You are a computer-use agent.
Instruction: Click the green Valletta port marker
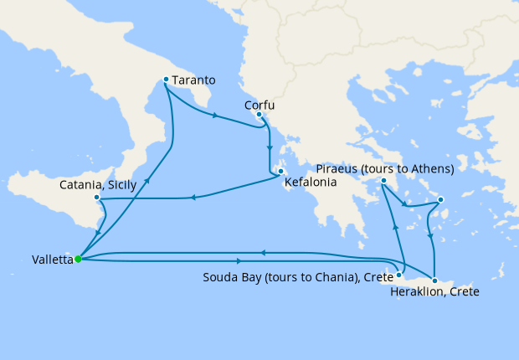[78, 259]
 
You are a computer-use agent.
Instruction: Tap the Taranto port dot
[166, 80]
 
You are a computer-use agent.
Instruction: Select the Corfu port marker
[259, 114]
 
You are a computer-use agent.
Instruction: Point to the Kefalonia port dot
[280, 172]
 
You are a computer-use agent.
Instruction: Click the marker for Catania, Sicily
[98, 198]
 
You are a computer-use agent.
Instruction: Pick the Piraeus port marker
[383, 180]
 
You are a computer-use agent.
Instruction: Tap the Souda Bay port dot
[400, 275]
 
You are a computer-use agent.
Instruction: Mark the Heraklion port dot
[434, 280]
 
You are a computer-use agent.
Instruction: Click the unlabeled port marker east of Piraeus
[440, 199]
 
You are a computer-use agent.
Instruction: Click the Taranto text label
[195, 80]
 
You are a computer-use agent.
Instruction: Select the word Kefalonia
[309, 181]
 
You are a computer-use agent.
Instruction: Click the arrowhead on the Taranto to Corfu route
[216, 116]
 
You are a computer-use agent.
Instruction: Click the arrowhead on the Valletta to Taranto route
[148, 179]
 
